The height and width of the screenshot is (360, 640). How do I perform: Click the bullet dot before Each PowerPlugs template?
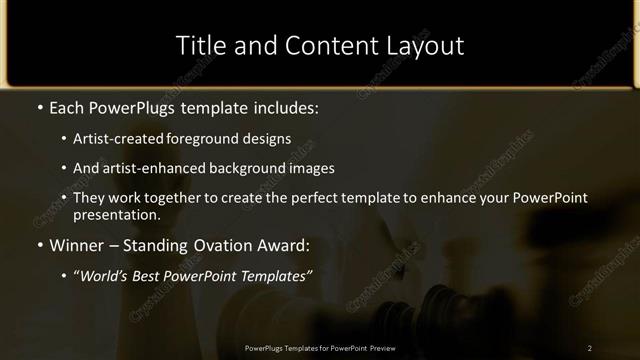pyautogui.click(x=39, y=106)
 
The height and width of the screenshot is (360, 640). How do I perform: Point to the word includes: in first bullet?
pyautogui.click(x=288, y=106)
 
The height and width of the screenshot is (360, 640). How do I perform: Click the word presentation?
pyautogui.click(x=116, y=215)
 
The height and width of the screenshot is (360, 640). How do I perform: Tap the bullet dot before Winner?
pyautogui.click(x=39, y=245)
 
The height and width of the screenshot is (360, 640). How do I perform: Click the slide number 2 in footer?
pyautogui.click(x=590, y=348)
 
